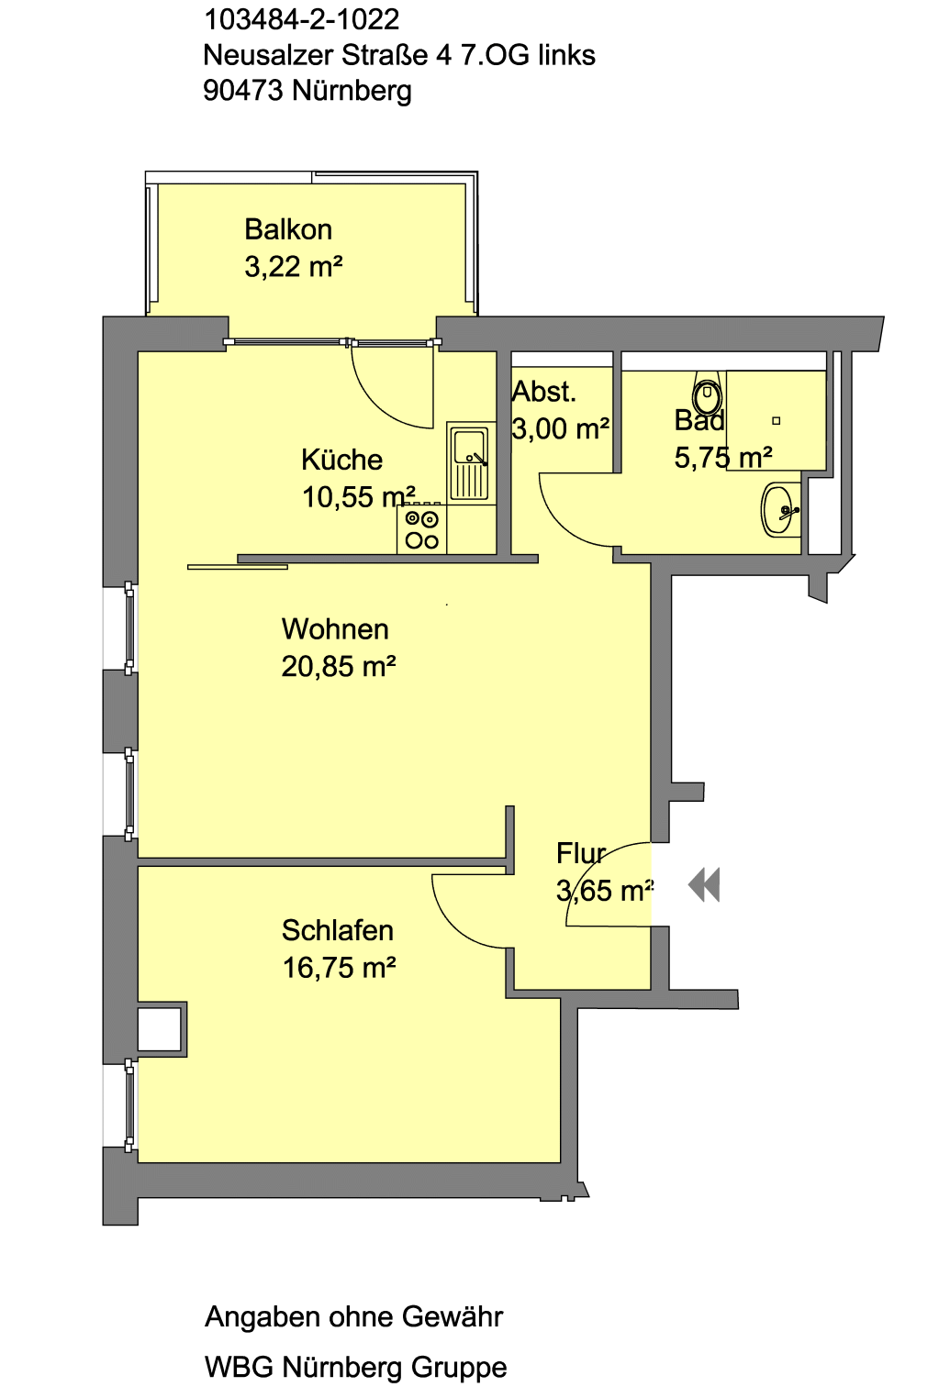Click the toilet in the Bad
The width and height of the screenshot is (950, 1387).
pos(708,395)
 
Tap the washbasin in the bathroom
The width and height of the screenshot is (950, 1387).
pos(780,510)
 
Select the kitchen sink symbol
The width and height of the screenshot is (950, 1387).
pos(470,460)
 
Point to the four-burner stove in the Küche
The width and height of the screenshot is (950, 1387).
pos(421,530)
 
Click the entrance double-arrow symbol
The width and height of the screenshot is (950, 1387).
pos(704,885)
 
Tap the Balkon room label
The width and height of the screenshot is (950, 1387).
pos(288,229)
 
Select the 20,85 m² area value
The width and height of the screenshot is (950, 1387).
pos(339,667)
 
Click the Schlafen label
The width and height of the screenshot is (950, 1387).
pos(337,930)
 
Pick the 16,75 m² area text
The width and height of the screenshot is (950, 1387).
pos(339,968)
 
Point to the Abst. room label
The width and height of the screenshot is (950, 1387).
pos(544,392)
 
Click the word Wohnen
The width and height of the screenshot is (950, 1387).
pos(335,629)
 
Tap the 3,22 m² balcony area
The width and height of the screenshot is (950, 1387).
pos(293,267)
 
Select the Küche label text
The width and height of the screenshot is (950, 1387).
pos(341,460)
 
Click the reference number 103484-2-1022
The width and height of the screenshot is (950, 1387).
pos(301,19)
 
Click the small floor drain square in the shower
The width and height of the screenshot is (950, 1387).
pos(776,421)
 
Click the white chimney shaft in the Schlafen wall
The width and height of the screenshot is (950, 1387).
pos(160,1029)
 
